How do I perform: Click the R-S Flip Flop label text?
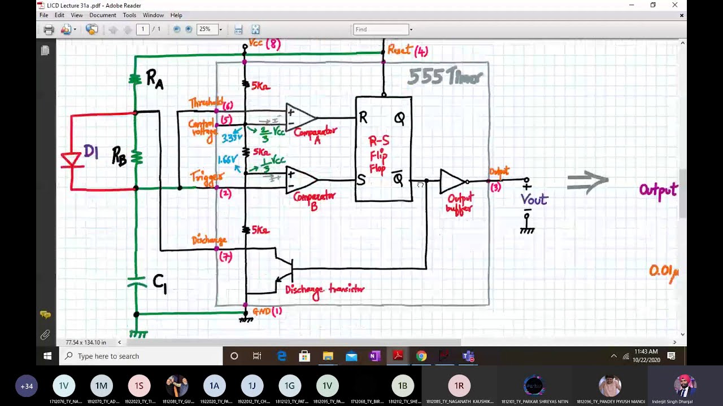click(x=378, y=154)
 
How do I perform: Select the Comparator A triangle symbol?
click(x=299, y=117)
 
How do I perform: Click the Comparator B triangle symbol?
click(x=300, y=180)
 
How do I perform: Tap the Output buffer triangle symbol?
click(x=452, y=181)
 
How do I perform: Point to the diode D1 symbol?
click(x=71, y=161)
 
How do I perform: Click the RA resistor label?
click(x=154, y=79)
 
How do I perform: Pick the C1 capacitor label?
click(x=159, y=283)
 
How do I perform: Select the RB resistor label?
click(x=119, y=156)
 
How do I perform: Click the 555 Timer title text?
click(x=445, y=76)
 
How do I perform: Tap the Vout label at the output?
click(x=534, y=200)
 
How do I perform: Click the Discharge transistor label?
click(x=325, y=290)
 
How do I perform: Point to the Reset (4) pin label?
click(x=407, y=51)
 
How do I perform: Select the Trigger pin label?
click(x=206, y=177)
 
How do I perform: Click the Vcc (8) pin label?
click(x=264, y=43)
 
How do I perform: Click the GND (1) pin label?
click(x=267, y=311)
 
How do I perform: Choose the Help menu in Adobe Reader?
click(x=176, y=15)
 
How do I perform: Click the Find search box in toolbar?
click(x=381, y=29)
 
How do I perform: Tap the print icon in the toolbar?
click(x=49, y=29)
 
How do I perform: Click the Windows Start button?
click(x=47, y=356)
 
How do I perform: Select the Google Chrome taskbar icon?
click(x=421, y=356)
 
